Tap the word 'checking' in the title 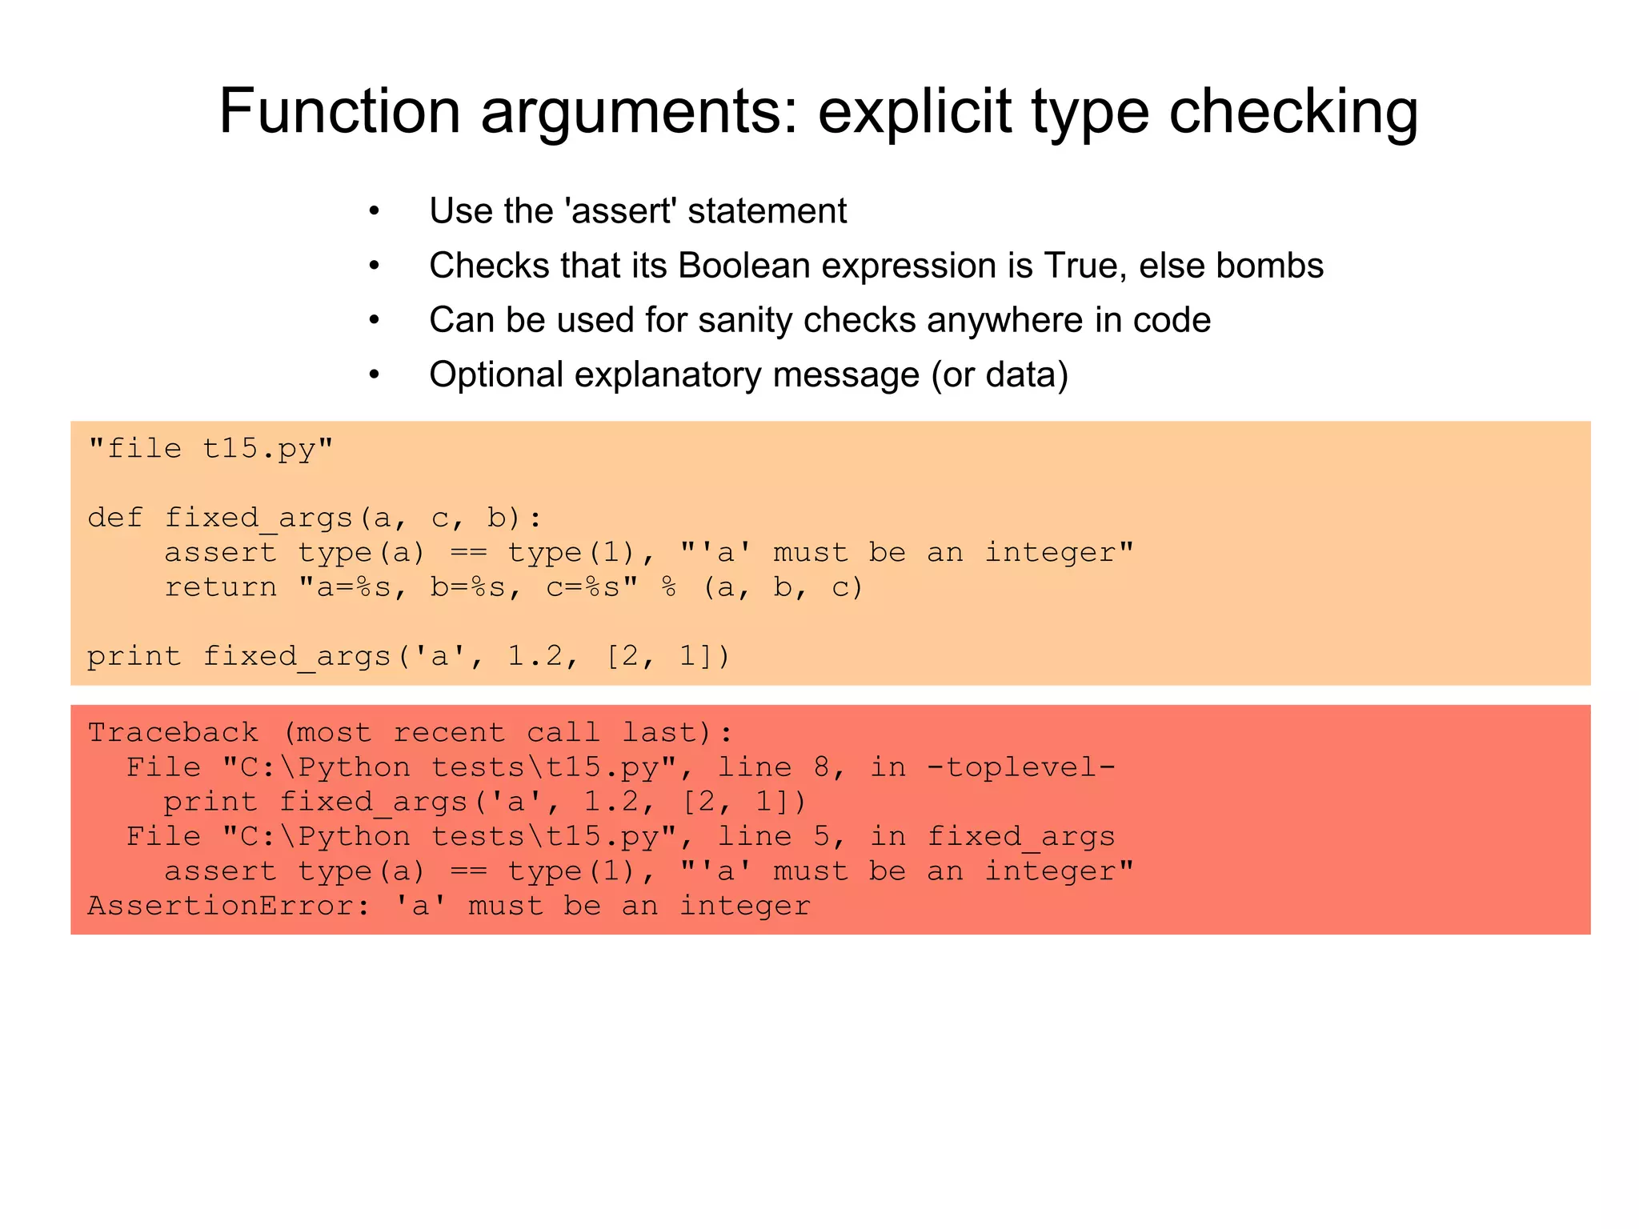[1293, 112]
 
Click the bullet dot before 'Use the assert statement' [374, 212]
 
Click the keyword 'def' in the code [115, 518]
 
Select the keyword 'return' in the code [221, 587]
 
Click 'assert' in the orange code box [221, 553]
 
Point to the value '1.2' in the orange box [535, 656]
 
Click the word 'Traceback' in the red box [173, 733]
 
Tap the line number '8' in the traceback [822, 767]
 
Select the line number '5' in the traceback [822, 837]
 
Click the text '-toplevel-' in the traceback [1021, 767]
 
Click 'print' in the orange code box [134, 656]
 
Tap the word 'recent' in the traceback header [449, 733]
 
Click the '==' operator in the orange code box [468, 553]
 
